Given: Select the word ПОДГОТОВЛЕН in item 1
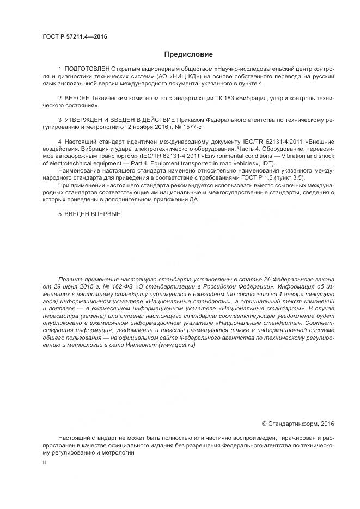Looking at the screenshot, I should [x=87, y=70].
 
